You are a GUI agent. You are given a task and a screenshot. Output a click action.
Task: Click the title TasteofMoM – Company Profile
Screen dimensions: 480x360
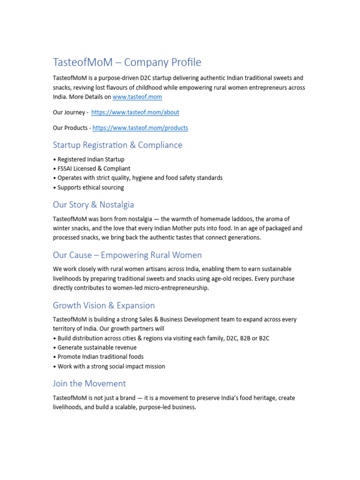(x=127, y=62)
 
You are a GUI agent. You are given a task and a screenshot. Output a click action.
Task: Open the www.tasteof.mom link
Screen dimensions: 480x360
(x=137, y=97)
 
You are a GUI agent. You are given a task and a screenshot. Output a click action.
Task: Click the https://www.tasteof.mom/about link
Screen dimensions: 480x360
(x=135, y=112)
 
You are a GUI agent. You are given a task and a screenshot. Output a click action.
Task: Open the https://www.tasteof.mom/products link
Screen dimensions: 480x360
(x=140, y=128)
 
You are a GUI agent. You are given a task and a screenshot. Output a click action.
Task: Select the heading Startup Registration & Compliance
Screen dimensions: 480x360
(x=118, y=145)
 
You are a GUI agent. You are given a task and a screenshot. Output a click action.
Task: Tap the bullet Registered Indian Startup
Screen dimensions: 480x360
(x=90, y=159)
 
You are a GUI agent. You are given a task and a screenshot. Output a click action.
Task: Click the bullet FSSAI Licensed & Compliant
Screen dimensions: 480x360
(x=94, y=169)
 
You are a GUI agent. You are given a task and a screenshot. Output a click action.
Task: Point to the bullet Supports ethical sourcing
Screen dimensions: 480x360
(x=90, y=187)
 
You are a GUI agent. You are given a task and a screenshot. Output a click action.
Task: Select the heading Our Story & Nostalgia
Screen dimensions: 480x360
(x=93, y=204)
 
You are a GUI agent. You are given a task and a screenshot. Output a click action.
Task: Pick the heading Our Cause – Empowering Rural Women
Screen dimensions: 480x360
(x=127, y=255)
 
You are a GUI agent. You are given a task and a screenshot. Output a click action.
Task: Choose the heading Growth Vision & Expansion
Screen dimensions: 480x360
(x=104, y=305)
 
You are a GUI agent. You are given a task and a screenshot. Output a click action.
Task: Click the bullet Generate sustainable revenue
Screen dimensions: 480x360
(x=97, y=347)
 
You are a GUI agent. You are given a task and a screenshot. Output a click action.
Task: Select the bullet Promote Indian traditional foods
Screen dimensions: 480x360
(x=100, y=357)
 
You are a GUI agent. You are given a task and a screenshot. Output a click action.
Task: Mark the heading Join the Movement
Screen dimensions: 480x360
(x=89, y=383)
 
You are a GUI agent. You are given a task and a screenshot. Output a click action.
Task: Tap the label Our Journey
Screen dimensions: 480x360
(x=69, y=112)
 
